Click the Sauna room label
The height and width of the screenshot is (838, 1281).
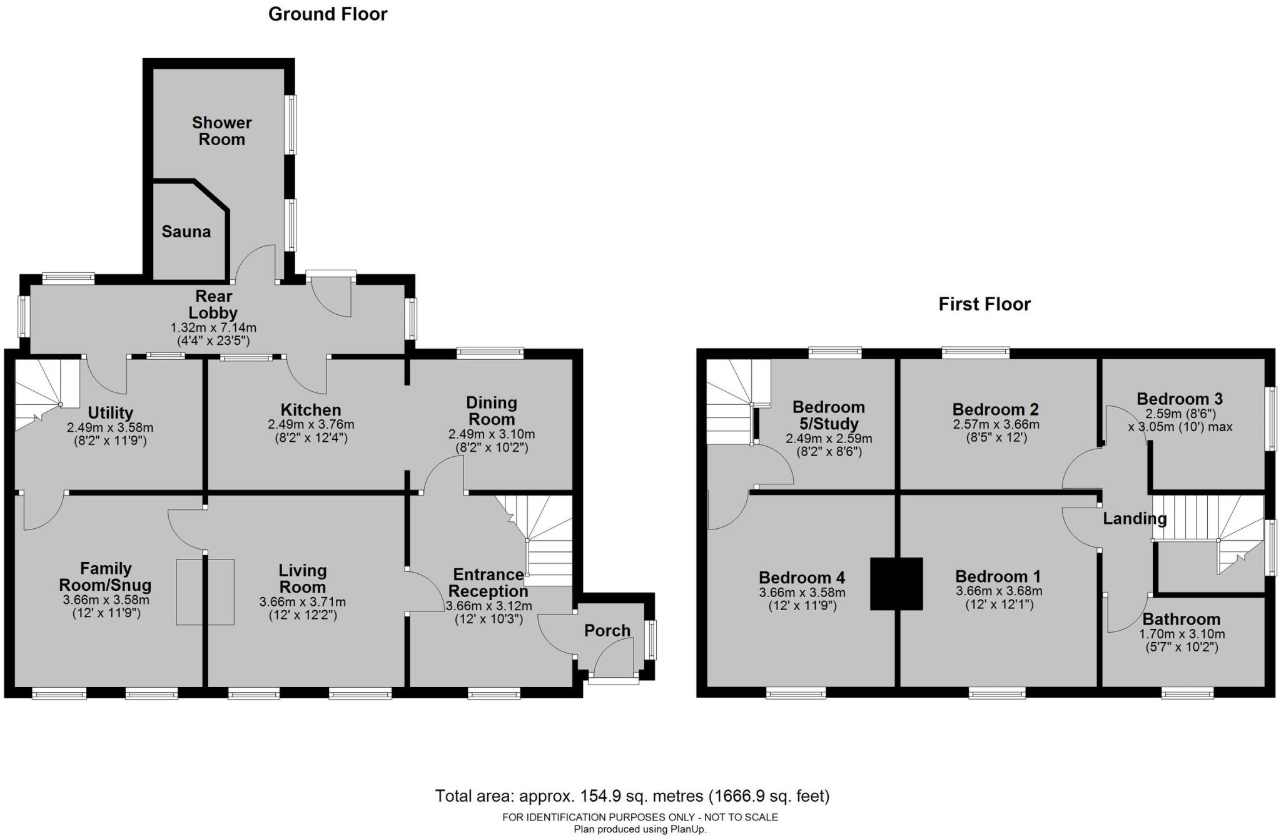(x=186, y=232)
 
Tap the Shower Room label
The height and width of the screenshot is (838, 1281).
(x=221, y=131)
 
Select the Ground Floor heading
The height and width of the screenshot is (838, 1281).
(x=328, y=14)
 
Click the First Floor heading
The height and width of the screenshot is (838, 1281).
(x=984, y=304)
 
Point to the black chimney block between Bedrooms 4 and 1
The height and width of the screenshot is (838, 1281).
(x=896, y=583)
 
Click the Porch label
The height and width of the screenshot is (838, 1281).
(x=607, y=630)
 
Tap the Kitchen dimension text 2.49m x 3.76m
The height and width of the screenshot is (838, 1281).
(x=311, y=424)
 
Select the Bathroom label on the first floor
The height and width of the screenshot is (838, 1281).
(x=1181, y=619)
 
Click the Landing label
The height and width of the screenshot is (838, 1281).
(x=1134, y=518)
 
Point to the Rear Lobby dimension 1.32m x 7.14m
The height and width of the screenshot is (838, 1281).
(x=213, y=327)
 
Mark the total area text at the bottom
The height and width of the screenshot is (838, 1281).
(x=632, y=796)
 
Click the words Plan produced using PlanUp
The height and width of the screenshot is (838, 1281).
(x=640, y=829)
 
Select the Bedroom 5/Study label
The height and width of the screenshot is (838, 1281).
(x=828, y=415)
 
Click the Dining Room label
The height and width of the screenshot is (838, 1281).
(x=491, y=411)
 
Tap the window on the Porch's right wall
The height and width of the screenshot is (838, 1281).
(x=651, y=639)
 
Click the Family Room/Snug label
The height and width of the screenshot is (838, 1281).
(x=105, y=576)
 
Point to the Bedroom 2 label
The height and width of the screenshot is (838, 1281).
(x=995, y=409)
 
